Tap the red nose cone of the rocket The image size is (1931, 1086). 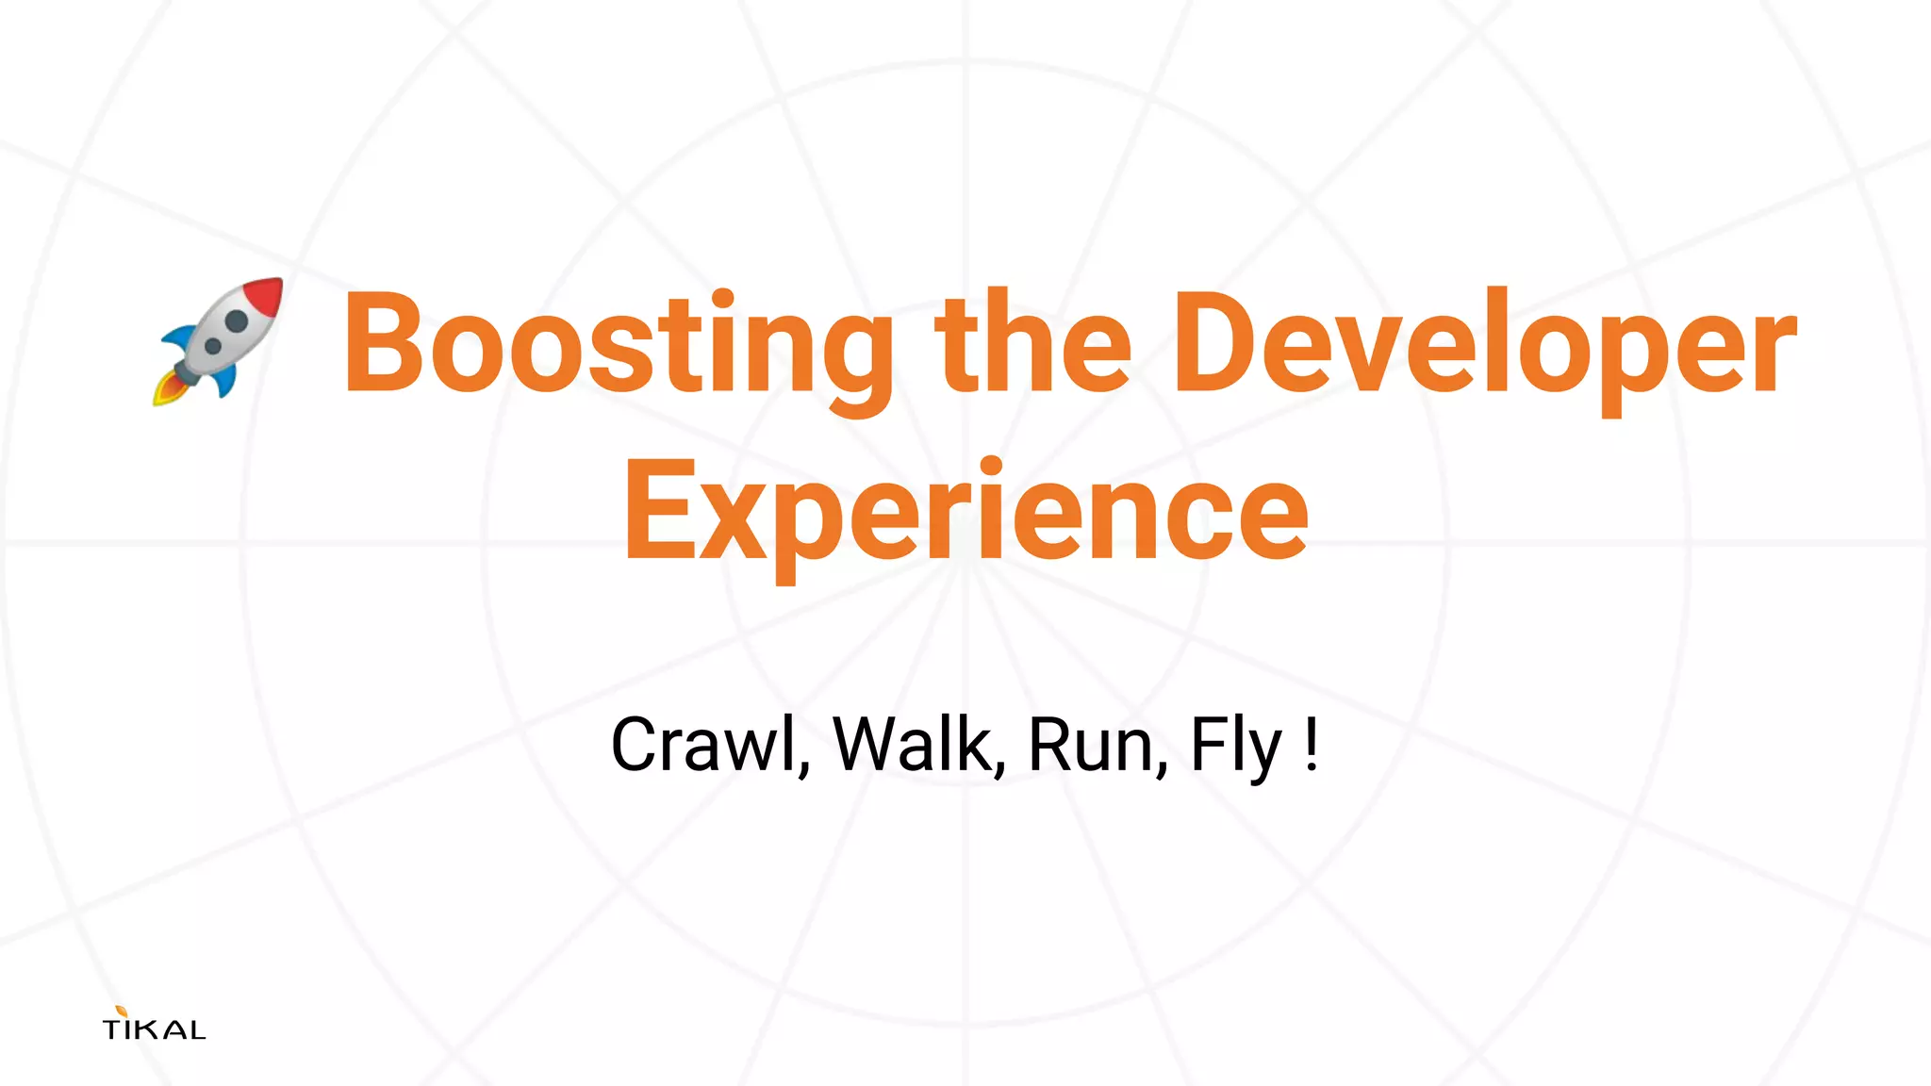tap(265, 296)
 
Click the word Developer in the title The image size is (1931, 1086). tap(1484, 343)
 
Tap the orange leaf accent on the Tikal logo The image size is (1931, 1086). tap(121, 1012)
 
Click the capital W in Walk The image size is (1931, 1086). tap(867, 745)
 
